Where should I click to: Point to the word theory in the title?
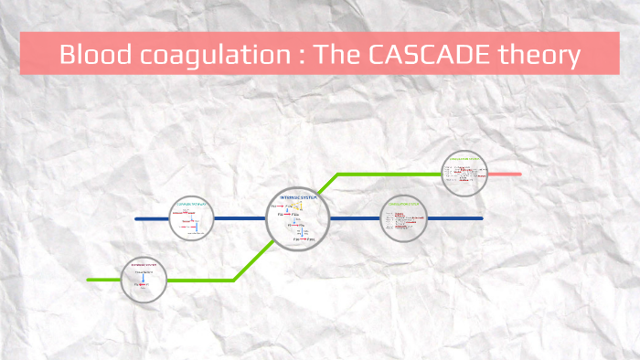538,56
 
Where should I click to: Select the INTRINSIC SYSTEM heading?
298,198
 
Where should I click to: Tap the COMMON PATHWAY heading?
191,204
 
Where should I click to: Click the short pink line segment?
505,174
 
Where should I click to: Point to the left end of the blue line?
136,219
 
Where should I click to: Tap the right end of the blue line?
481,219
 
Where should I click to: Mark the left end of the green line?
89,279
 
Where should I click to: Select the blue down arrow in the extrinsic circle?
144,279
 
